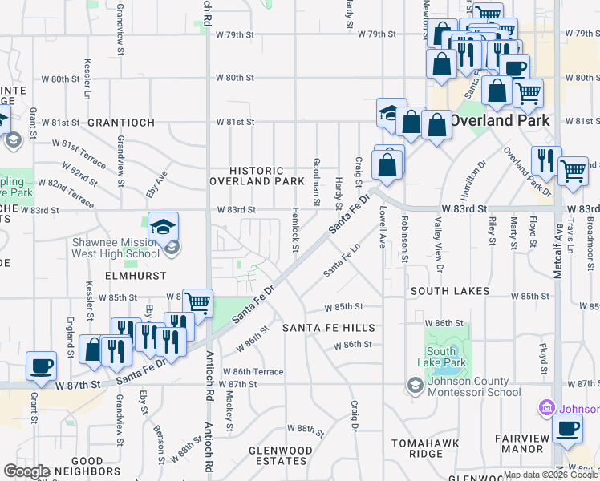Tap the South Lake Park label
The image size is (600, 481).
(441, 357)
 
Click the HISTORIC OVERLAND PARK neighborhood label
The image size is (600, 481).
(257, 176)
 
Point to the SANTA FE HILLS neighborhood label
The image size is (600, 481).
(328, 329)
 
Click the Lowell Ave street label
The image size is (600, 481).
(383, 225)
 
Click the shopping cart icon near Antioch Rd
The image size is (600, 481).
(197, 302)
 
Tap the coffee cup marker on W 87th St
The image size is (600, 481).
(41, 366)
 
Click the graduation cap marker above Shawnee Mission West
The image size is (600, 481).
(163, 226)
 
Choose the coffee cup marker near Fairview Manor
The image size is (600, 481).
(567, 429)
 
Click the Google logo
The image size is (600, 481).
(27, 471)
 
